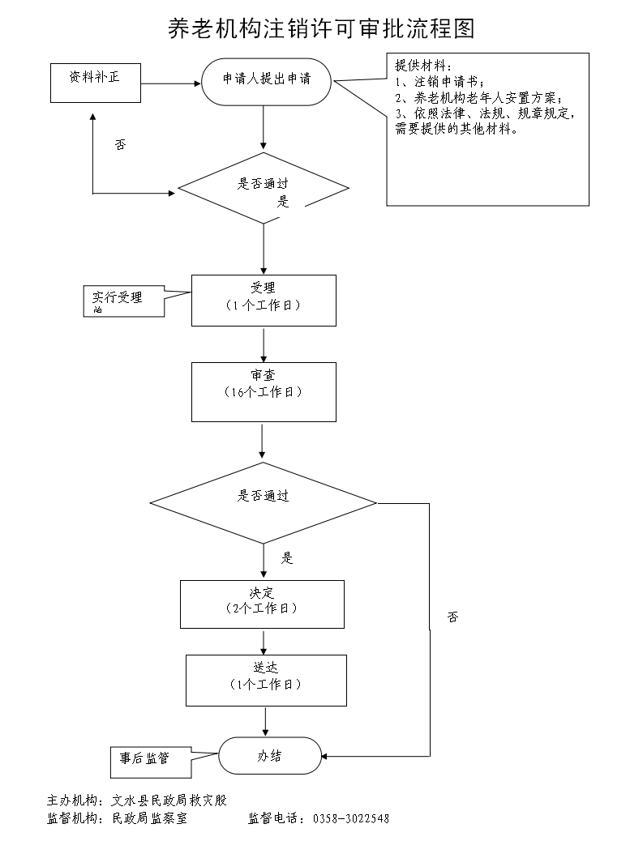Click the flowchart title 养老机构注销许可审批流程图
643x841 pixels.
320,29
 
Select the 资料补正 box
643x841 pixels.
95,83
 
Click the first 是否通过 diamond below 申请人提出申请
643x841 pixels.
264,187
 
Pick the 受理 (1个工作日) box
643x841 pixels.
264,300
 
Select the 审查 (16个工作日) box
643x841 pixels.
264,391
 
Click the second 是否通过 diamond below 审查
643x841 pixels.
263,502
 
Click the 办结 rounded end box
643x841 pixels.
269,756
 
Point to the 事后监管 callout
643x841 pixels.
144,759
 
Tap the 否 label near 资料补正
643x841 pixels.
120,145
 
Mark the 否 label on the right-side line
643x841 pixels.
452,617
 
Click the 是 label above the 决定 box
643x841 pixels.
287,558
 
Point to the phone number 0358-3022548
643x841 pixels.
350,818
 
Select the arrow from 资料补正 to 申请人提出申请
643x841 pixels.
171,83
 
